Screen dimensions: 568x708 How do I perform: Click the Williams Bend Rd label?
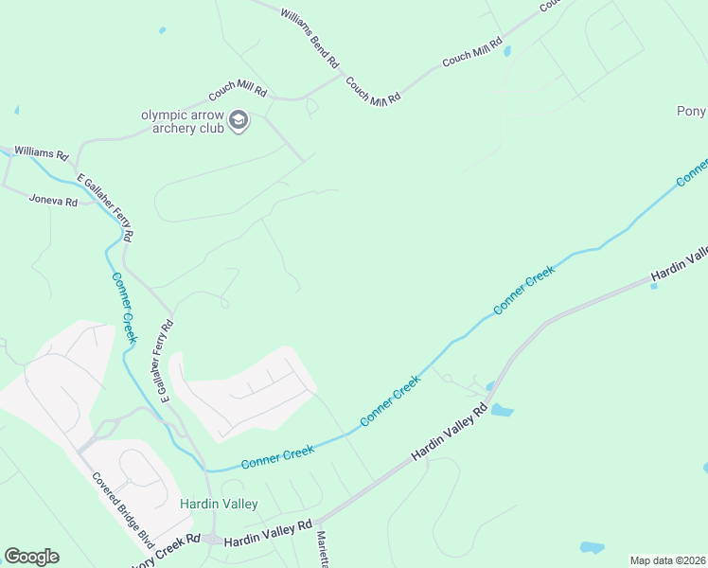tap(309, 37)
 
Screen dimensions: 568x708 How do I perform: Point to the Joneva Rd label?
tap(52, 200)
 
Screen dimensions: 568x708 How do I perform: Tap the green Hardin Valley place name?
tap(219, 504)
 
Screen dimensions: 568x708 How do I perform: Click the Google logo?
tap(31, 557)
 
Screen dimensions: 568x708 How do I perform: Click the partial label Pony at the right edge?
tap(692, 111)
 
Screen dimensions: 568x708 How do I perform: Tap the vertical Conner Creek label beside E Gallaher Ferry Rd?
tap(125, 308)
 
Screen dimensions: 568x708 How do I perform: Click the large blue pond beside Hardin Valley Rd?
tap(501, 411)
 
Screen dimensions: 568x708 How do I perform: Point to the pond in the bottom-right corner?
tap(592, 547)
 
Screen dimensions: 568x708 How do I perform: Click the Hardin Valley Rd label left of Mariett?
tap(268, 530)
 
